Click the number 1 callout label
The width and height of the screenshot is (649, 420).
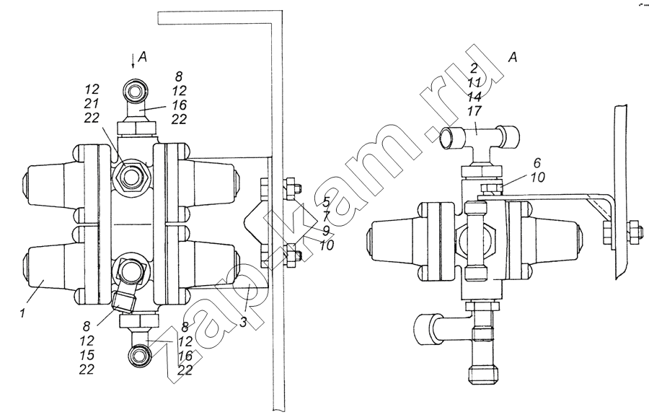22,312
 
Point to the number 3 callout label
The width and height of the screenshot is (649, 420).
244,322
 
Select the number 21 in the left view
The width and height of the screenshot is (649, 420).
93,103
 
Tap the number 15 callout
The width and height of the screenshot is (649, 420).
87,355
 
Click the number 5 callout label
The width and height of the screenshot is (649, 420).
327,202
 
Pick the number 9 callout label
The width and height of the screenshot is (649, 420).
325,230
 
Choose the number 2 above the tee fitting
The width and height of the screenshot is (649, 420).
474,69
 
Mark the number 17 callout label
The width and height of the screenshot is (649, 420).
474,111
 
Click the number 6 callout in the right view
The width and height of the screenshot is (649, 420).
537,163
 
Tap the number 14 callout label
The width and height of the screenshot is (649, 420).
474,97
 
